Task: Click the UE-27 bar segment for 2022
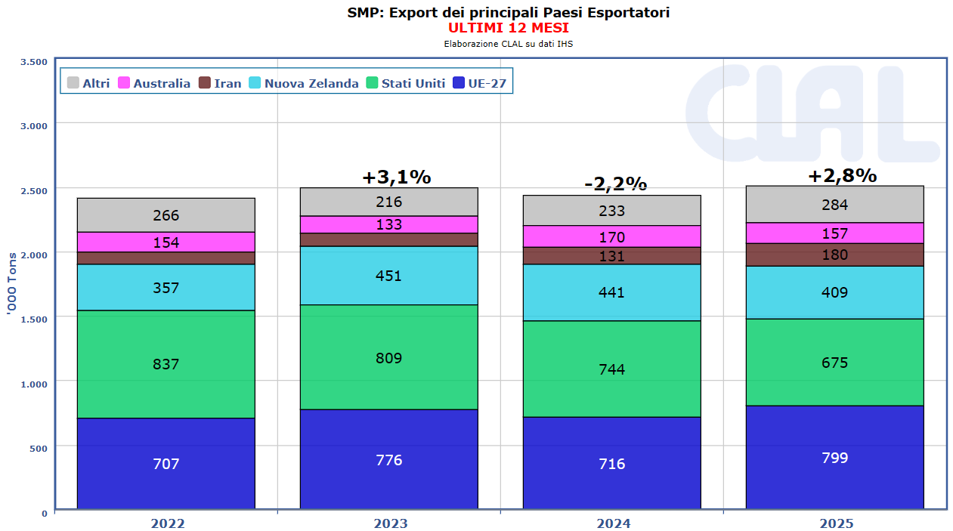(166, 463)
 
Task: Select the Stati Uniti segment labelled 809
(388, 357)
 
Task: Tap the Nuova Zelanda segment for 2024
(611, 292)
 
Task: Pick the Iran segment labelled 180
(834, 255)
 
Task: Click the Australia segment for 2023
(388, 224)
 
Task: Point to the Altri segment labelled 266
(166, 215)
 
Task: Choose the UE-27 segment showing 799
(834, 458)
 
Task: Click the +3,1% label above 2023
(396, 178)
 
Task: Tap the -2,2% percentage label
(615, 184)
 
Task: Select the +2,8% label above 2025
(842, 176)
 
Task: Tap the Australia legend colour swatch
(125, 83)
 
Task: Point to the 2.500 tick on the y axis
(34, 190)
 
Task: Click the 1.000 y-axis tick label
(34, 383)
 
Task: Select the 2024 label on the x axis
(613, 523)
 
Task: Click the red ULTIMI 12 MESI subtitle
(508, 28)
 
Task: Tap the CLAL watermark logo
(812, 113)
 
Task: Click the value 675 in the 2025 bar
(834, 363)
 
